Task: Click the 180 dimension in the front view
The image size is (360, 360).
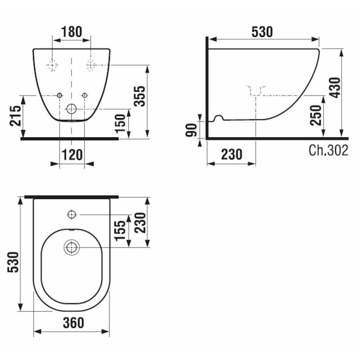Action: coord(72,32)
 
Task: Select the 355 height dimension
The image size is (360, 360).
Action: coord(141,95)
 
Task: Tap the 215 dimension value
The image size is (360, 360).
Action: coord(14,116)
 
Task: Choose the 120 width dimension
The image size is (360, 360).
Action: coord(72,155)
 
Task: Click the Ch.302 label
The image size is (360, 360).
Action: coord(328,151)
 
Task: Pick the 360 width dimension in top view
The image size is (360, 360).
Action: coord(72,323)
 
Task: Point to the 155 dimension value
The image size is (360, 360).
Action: coord(121,230)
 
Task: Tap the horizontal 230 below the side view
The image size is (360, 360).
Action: coord(231,155)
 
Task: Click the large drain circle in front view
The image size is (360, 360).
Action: coord(72,108)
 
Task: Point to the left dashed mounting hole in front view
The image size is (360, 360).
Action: coord(53,65)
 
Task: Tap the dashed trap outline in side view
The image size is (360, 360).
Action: coord(256,90)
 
